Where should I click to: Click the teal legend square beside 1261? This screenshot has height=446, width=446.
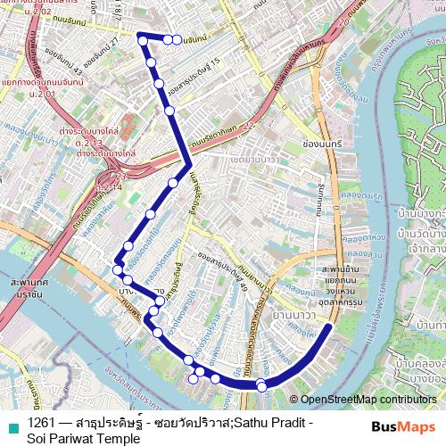click(x=12, y=422)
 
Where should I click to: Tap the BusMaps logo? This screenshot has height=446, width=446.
click(x=403, y=426)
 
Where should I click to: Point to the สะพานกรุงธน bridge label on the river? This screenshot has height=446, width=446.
click(x=27, y=287)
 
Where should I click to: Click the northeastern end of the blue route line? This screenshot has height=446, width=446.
click(x=331, y=326)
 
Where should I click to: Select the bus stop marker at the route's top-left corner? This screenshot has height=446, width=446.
click(x=141, y=37)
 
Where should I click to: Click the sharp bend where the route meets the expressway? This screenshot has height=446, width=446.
click(x=186, y=165)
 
